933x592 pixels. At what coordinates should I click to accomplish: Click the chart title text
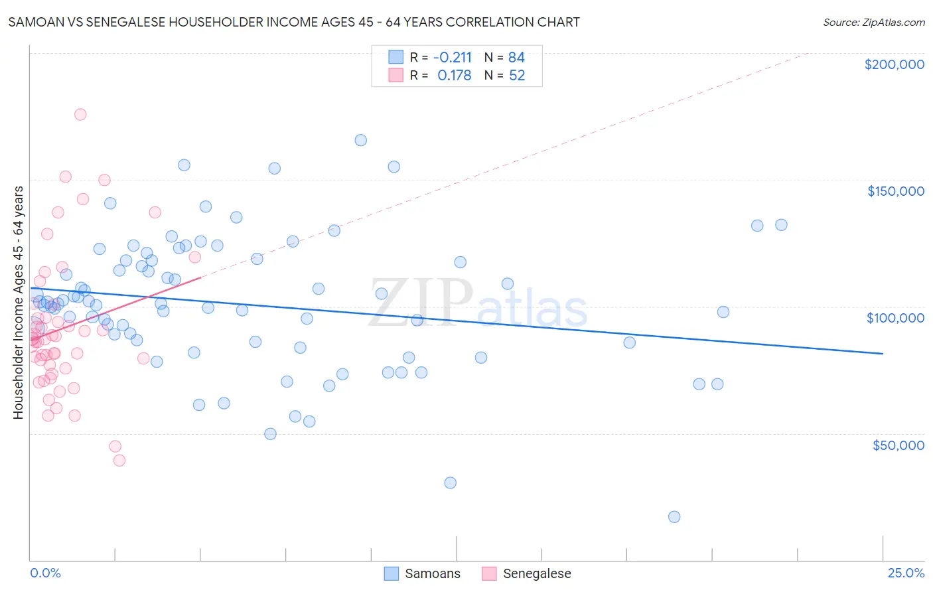coord(294,23)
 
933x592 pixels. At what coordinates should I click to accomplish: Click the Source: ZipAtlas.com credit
coord(873,23)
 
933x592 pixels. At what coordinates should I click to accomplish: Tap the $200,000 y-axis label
coord(894,64)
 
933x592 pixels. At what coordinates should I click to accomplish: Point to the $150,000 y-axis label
coord(895,191)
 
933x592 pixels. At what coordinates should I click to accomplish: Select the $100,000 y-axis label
coord(895,318)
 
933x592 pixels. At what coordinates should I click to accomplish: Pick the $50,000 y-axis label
coord(898,445)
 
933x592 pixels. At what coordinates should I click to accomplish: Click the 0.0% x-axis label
coord(45,573)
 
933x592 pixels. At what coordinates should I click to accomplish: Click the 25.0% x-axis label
coord(906,573)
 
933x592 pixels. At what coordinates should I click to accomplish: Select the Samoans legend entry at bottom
coord(423,573)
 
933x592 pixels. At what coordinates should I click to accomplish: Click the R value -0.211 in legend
coord(453,58)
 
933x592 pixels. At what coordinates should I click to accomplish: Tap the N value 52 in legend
coord(517,76)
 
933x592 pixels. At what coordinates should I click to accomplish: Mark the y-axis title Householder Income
coord(19,302)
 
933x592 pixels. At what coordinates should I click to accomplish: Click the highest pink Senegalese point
coord(80,114)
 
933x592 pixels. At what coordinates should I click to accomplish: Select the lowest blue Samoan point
coord(674,517)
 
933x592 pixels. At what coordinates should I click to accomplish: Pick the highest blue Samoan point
coord(361,140)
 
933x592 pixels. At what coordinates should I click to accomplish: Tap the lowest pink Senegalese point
coord(119,461)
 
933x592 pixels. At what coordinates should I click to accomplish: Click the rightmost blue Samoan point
coord(781,225)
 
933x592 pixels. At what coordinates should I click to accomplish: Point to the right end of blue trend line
coord(883,354)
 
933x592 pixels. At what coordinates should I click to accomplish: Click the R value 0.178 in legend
coord(454,76)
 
